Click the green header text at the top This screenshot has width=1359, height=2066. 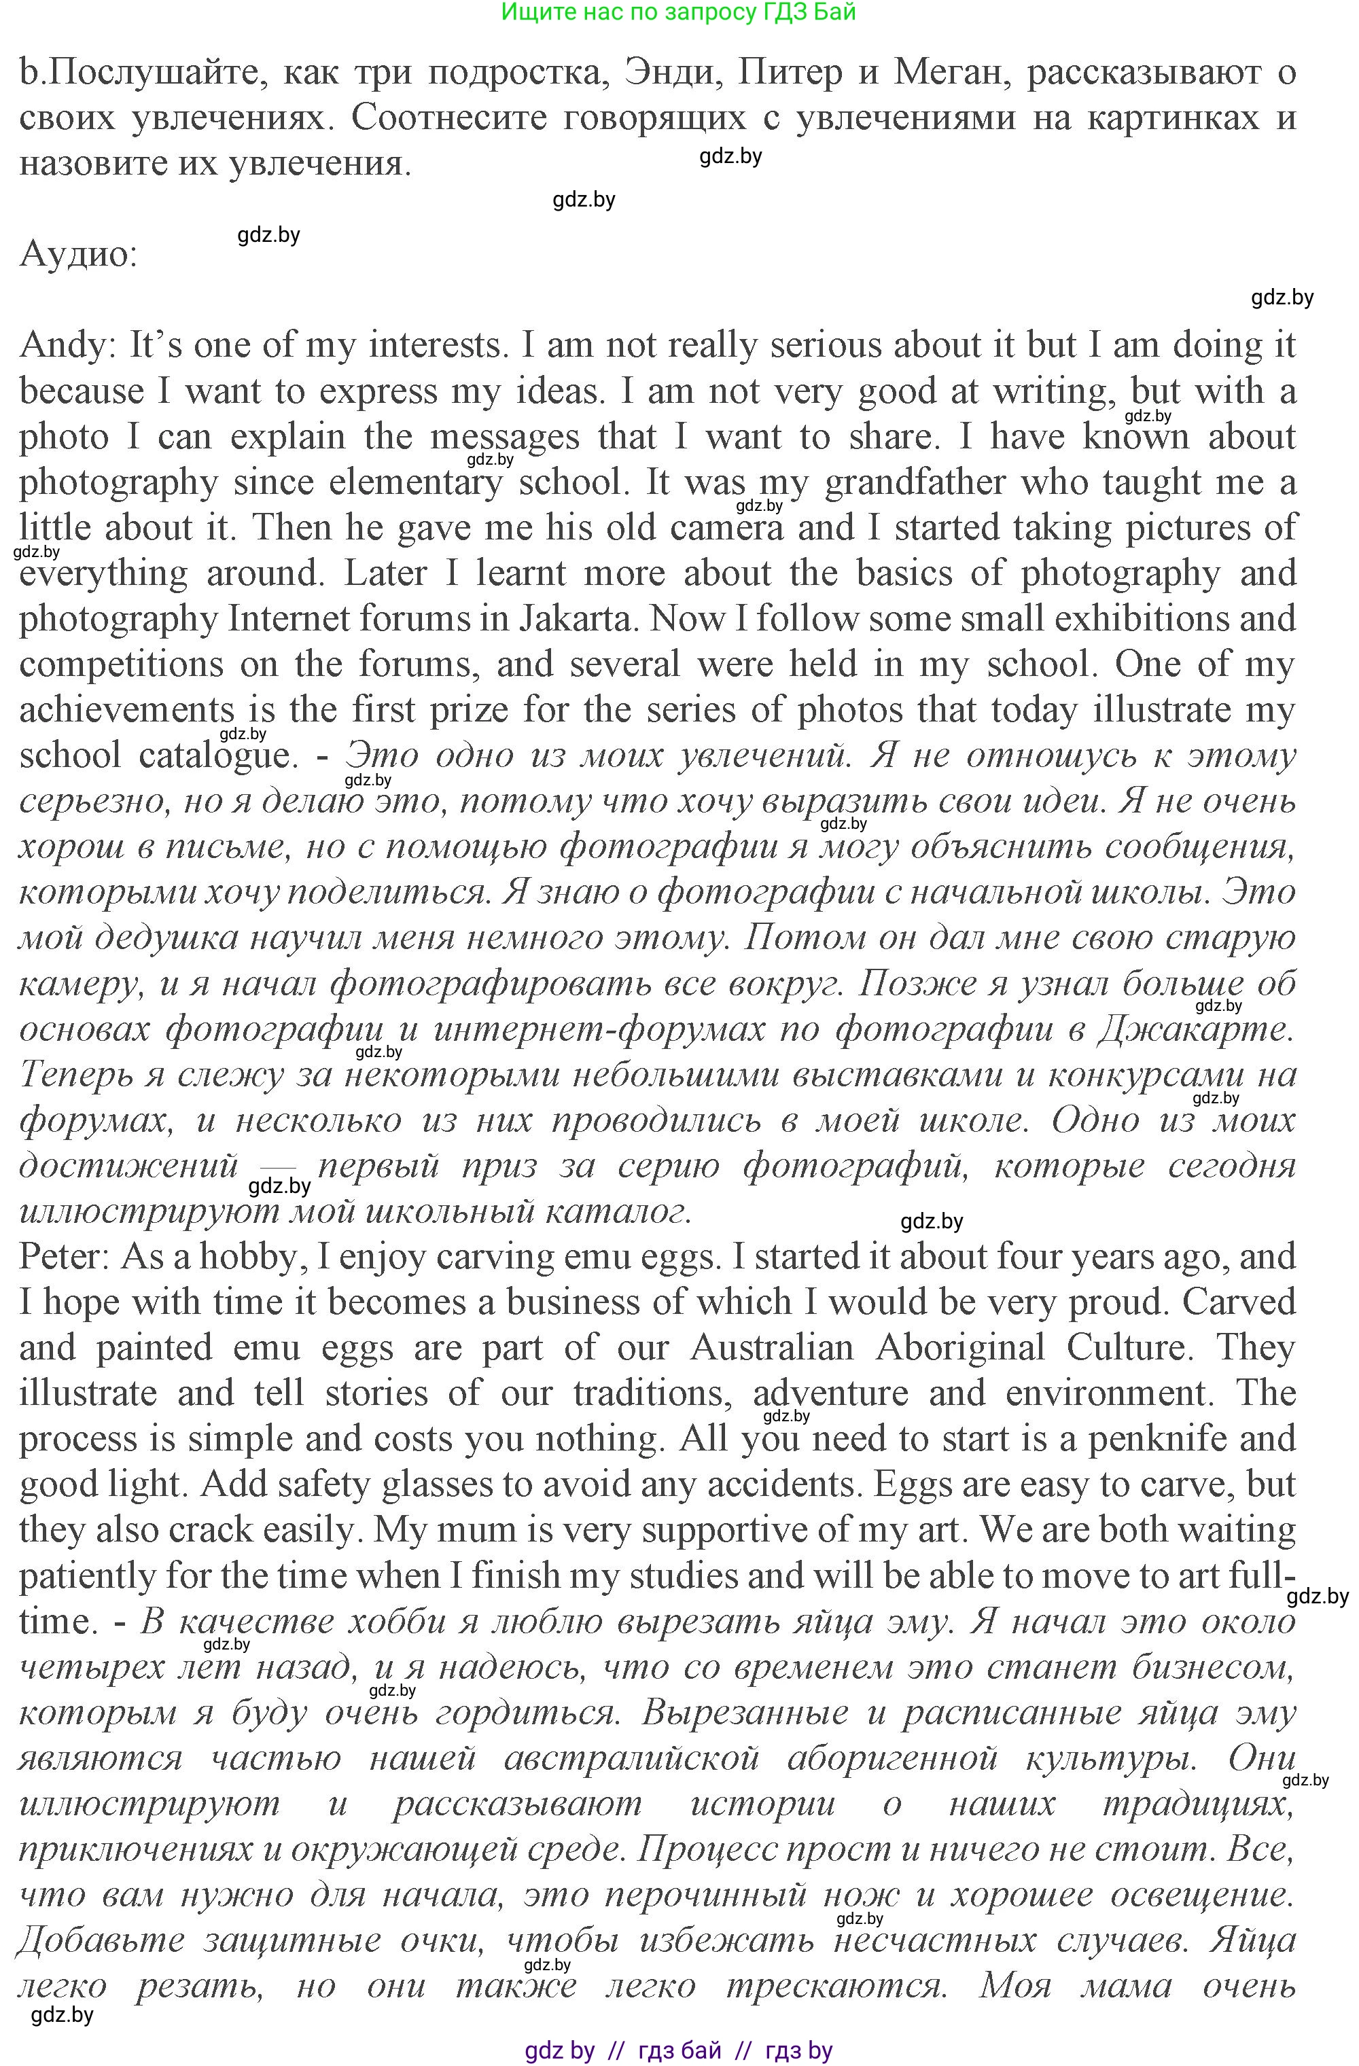click(x=678, y=12)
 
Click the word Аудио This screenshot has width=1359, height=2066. click(x=78, y=253)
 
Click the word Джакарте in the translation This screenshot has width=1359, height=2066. click(x=1195, y=1029)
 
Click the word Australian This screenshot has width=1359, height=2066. click(x=772, y=1347)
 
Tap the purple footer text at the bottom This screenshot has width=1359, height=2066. click(x=678, y=2050)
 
